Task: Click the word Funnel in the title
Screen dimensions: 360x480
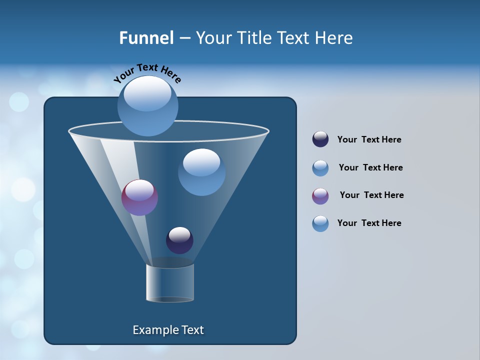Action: click(146, 38)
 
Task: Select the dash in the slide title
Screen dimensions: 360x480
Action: click(184, 38)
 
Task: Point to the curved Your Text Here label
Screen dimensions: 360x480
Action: click(147, 72)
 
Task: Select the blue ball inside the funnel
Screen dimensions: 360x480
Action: click(201, 172)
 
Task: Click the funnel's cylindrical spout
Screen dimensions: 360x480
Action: click(170, 282)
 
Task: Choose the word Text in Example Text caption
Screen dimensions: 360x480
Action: click(191, 330)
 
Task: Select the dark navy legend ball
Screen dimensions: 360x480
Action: click(320, 139)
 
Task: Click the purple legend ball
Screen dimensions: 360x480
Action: click(320, 196)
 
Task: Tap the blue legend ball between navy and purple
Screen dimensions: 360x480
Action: click(320, 168)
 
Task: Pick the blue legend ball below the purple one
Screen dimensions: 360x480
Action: click(320, 223)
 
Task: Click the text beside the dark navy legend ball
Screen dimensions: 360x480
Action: click(369, 139)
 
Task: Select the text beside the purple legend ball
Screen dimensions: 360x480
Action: click(371, 195)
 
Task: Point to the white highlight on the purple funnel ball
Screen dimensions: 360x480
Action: click(139, 190)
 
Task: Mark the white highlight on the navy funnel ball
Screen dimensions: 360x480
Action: click(179, 234)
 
